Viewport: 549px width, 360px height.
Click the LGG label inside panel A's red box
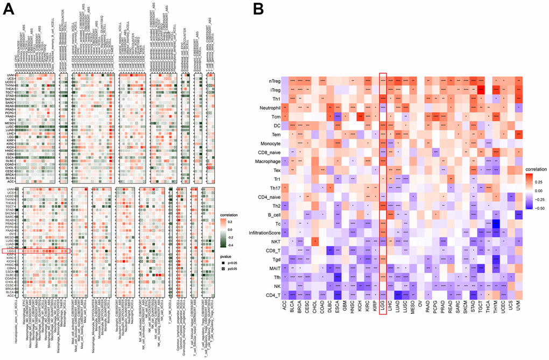pos(11,251)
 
